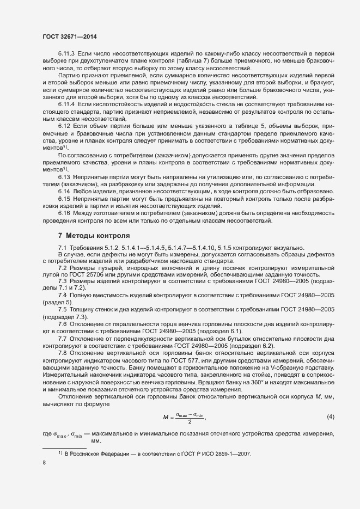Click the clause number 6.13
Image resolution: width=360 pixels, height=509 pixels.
pos(64,177)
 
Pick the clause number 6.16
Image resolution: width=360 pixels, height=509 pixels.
pos(64,213)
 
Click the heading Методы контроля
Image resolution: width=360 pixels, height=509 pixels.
pos(97,236)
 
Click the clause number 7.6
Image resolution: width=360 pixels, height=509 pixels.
pos(63,324)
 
